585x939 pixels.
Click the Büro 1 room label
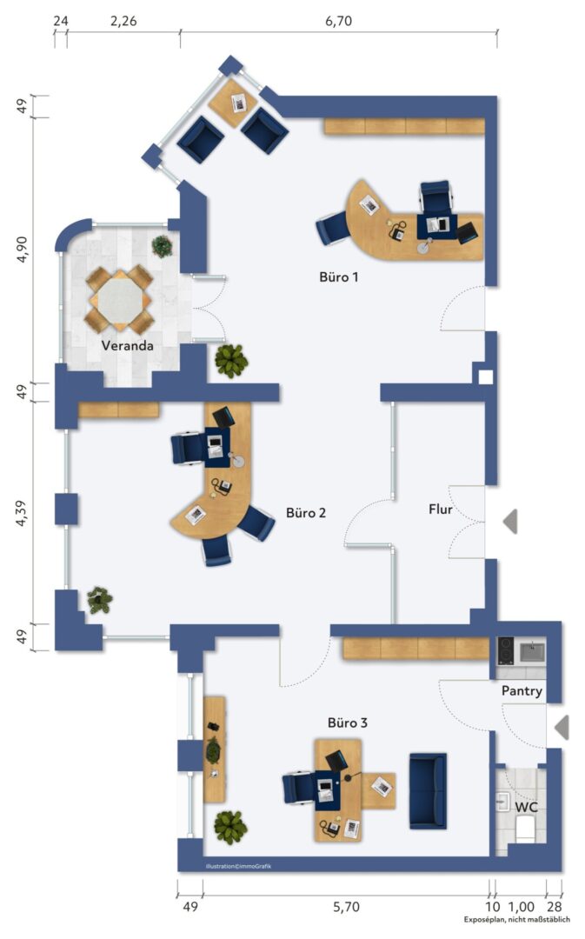click(x=338, y=276)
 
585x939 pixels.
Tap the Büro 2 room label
click(x=305, y=513)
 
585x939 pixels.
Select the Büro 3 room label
click(x=348, y=723)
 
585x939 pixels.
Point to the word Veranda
click(x=127, y=345)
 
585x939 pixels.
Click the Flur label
click(x=440, y=509)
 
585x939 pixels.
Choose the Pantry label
click(x=522, y=691)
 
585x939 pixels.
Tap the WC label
click(x=526, y=807)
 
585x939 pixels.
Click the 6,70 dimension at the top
click(x=339, y=21)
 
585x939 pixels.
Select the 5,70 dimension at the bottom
click(x=347, y=907)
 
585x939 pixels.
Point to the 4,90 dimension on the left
click(x=22, y=250)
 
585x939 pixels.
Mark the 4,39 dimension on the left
click(x=22, y=513)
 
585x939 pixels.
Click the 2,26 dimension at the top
click(x=123, y=21)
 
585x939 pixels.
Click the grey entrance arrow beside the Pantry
click(x=561, y=728)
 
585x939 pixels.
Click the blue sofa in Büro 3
click(x=429, y=791)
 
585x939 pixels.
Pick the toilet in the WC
click(x=526, y=830)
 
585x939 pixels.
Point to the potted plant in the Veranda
click(x=163, y=246)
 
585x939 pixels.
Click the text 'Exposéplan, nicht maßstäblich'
click(x=516, y=919)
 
